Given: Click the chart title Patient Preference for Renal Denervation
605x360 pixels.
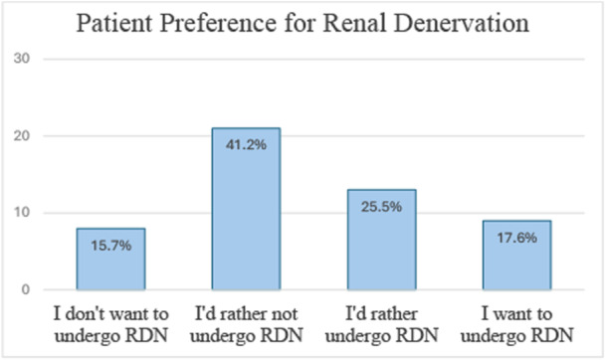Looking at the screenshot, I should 302,22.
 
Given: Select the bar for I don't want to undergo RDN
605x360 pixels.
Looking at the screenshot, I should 111,260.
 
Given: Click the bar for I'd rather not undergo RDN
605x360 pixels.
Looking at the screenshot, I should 246,209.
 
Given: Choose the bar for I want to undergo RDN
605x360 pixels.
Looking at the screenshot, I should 516,256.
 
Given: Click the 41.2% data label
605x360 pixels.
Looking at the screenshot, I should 246,145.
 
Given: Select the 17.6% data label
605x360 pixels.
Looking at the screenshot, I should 516,239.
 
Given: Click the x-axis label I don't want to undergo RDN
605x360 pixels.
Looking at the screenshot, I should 111,320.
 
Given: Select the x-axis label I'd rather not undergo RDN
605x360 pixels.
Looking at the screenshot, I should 246,320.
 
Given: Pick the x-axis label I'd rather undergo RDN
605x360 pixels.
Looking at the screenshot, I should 381,320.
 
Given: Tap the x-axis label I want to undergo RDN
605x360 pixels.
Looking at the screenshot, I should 516,320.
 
